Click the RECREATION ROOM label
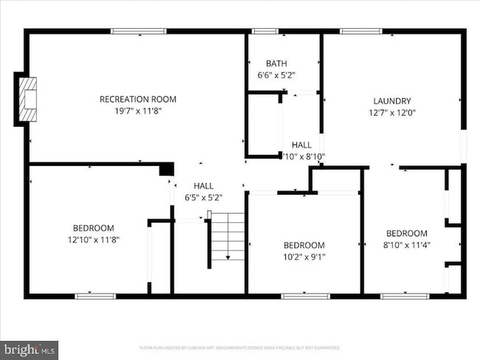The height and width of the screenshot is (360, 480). point(138,99)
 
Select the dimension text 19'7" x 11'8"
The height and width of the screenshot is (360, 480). point(138,111)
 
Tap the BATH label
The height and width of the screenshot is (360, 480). point(277,63)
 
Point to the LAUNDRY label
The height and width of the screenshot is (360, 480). point(392,101)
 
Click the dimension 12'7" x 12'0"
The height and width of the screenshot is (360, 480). point(392,113)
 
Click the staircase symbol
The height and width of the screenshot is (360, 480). point(226,235)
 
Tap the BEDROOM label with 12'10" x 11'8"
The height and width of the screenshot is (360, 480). point(93,228)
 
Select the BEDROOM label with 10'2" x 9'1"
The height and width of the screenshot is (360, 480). point(304,245)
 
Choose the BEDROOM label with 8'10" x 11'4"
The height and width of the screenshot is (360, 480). point(406,233)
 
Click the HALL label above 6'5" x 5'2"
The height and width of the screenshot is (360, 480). point(203,186)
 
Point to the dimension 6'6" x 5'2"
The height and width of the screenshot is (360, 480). point(277,75)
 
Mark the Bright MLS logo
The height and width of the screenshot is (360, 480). point(30,347)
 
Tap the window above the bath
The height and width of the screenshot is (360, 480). point(264,31)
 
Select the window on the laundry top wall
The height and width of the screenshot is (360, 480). point(360,31)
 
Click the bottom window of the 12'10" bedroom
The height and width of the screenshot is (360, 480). point(95,297)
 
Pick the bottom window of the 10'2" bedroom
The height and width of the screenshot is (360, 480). point(305,297)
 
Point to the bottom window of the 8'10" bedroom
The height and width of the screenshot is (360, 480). point(405,297)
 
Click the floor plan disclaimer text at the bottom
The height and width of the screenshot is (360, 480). point(240,347)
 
